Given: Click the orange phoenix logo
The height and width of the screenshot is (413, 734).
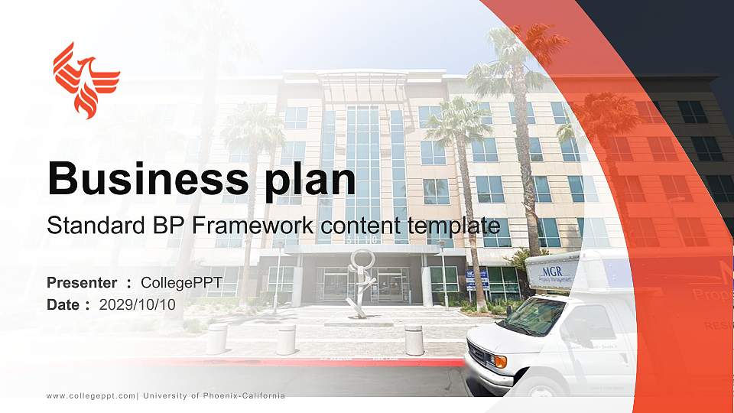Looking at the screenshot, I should click(x=86, y=80).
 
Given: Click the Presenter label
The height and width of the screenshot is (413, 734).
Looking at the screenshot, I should click(x=82, y=283).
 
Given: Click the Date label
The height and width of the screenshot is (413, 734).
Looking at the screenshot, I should click(x=64, y=304).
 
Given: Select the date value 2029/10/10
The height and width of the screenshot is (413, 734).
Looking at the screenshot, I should click(x=138, y=304).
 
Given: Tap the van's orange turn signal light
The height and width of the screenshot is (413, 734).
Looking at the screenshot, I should click(x=499, y=360).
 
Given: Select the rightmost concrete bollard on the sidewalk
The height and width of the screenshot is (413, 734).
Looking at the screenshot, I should click(x=414, y=340).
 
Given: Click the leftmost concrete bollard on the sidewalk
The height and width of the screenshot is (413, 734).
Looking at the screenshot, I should click(x=216, y=339).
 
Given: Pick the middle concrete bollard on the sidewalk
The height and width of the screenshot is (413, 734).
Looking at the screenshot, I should click(x=286, y=340).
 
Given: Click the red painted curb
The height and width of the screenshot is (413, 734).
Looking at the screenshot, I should click(x=306, y=362).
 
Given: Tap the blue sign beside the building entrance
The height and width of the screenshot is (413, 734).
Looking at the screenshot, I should click(x=477, y=278).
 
